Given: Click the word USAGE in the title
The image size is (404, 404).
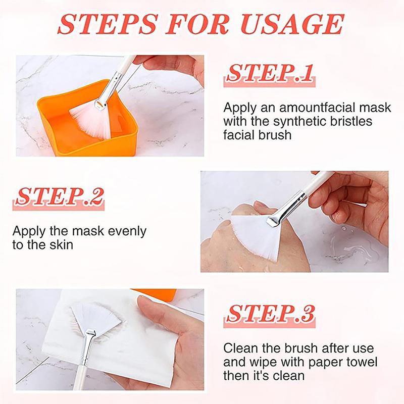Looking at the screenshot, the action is [x=292, y=24].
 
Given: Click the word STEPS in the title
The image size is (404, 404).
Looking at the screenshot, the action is [x=108, y=24].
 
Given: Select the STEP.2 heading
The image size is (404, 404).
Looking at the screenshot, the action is [x=59, y=196].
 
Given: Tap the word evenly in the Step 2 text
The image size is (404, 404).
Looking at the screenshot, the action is [x=127, y=232].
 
